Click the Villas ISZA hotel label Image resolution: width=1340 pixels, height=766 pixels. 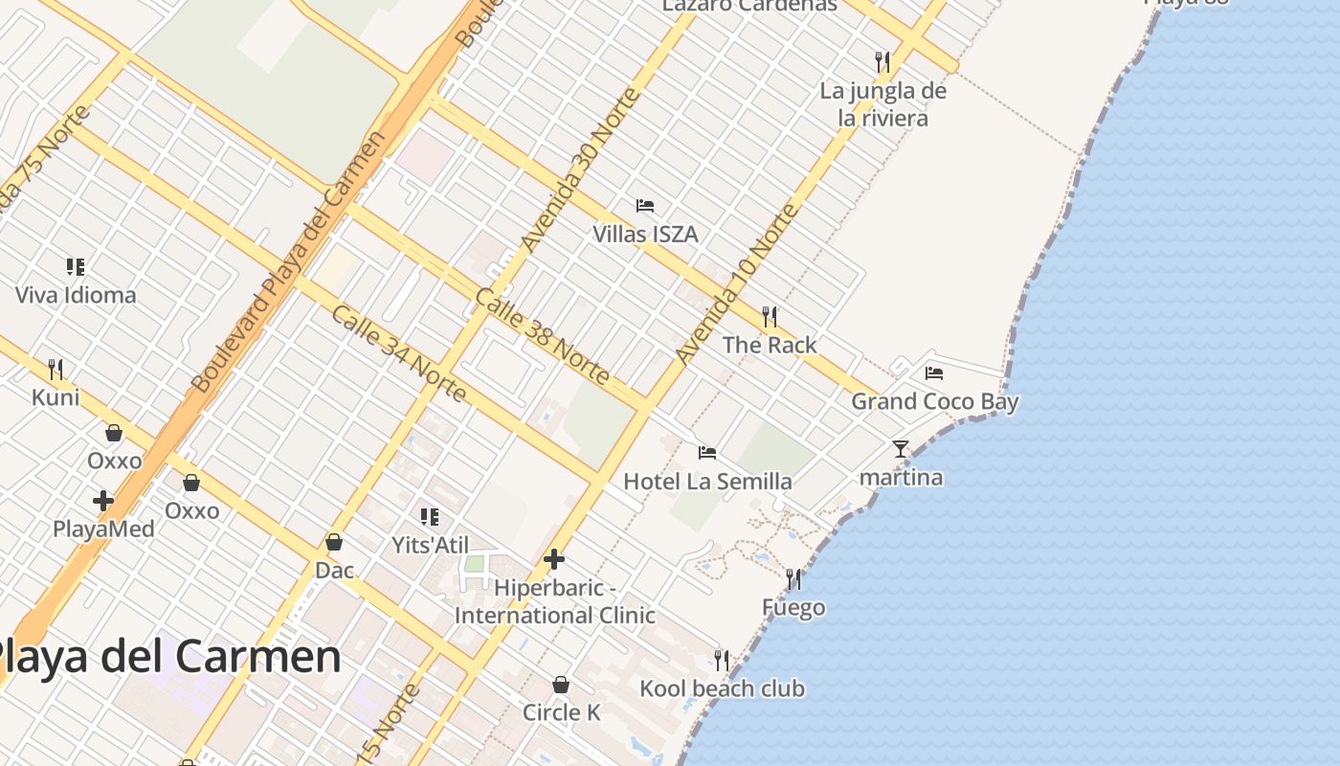[645, 235]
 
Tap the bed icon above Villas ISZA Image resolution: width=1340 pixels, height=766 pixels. [645, 206]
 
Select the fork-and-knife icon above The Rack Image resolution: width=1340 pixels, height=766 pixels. [770, 316]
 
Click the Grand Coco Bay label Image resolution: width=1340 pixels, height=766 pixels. [935, 401]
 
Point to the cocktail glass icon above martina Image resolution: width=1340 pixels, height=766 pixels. [901, 448]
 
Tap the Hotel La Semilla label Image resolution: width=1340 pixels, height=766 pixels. [707, 481]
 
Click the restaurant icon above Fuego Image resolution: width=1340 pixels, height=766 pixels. [793, 579]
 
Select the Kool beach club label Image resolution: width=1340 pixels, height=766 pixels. [722, 688]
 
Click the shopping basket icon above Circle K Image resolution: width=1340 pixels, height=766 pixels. [561, 685]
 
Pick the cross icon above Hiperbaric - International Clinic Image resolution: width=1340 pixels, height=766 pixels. [554, 559]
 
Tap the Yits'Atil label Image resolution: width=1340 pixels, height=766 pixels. [430, 545]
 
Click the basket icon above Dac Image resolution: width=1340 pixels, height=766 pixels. [334, 542]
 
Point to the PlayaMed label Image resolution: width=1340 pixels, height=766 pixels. [103, 529]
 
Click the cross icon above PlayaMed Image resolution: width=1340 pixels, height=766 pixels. [103, 500]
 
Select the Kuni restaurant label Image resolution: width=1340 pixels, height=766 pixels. [56, 397]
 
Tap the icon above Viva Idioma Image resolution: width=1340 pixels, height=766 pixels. [76, 266]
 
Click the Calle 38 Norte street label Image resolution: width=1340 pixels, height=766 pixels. [542, 336]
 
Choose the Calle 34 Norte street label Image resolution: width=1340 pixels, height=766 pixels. [399, 353]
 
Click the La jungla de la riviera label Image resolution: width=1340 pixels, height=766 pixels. [882, 105]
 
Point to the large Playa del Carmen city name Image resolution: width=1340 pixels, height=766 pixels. [167, 657]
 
